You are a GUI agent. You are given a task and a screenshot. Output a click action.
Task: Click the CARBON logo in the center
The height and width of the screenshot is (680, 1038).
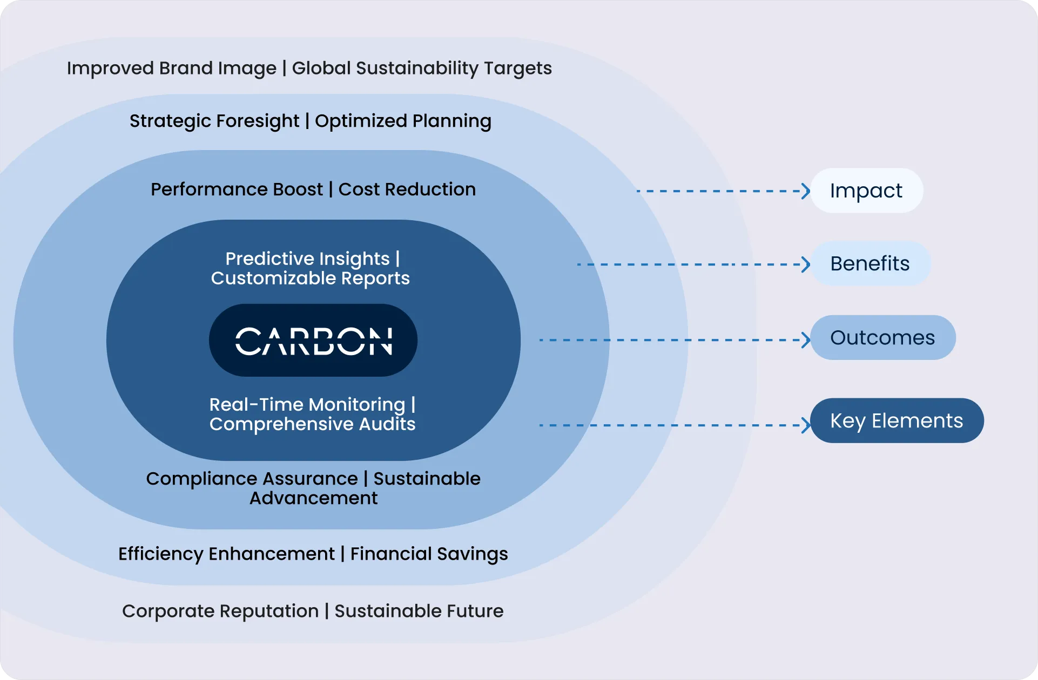coord(313,341)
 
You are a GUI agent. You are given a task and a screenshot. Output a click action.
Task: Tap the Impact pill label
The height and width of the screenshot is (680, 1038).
coord(866,191)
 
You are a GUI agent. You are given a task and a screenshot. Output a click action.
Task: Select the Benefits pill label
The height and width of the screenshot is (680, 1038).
coord(870,263)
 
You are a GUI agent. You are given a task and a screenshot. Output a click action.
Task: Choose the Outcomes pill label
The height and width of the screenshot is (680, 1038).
coord(882,337)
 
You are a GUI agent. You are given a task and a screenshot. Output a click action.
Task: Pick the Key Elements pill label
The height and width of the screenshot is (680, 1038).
coord(897,420)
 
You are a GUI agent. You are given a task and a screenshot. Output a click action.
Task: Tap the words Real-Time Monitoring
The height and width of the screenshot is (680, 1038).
coord(307,405)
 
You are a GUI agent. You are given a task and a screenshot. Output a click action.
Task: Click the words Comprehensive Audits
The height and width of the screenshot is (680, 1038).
coord(312,424)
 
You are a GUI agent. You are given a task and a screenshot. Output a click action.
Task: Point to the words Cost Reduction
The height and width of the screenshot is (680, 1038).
coord(407,189)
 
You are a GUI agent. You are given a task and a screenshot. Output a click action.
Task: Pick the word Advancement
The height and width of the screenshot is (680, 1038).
coord(313,498)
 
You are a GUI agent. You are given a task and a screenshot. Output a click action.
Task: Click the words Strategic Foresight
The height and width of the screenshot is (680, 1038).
coord(214,121)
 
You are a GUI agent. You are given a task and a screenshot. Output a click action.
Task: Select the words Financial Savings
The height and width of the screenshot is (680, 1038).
coord(429,554)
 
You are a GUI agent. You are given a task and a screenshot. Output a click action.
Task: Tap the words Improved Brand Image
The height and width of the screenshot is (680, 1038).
coord(171,69)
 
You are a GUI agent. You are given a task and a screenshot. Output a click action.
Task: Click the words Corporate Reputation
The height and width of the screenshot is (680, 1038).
coord(220,611)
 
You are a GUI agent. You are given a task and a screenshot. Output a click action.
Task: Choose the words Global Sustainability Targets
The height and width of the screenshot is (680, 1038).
coord(422,69)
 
